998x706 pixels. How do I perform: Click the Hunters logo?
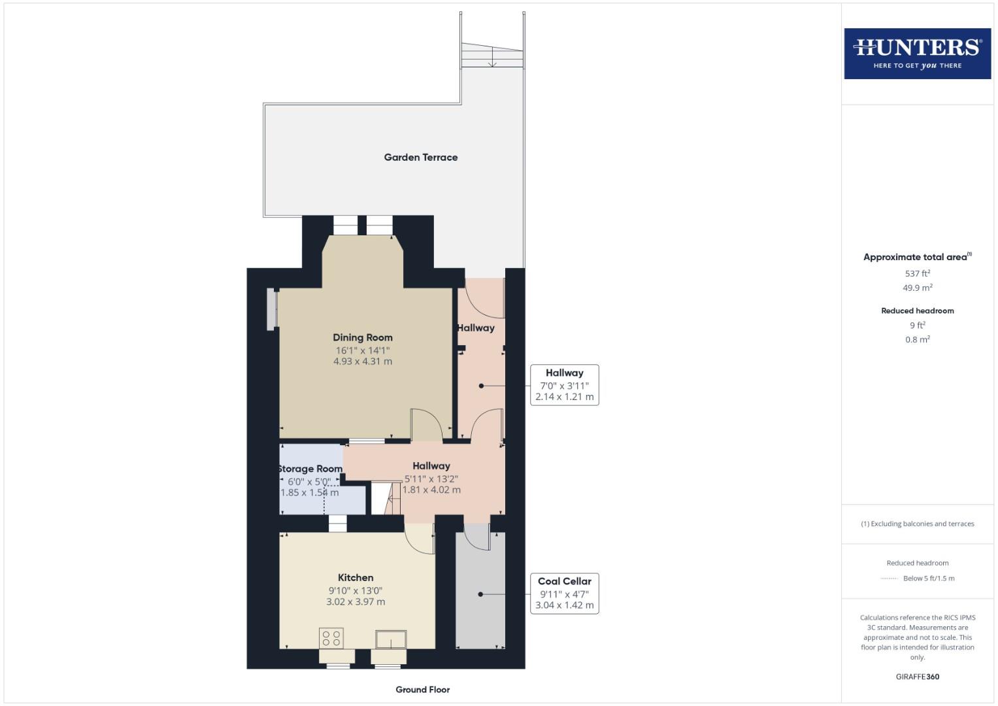917,53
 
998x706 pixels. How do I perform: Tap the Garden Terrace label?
420,157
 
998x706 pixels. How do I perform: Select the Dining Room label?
363,337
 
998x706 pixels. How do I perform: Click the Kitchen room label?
356,577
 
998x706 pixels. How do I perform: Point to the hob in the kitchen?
331,638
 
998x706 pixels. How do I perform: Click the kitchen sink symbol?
391,639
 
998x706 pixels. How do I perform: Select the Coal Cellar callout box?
564,593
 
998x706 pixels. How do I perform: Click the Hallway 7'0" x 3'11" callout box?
564,384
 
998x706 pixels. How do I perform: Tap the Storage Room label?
310,469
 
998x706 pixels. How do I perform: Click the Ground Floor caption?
422,689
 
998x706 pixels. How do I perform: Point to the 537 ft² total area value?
917,273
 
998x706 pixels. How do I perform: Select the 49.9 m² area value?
917,288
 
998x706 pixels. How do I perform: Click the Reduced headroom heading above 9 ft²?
917,311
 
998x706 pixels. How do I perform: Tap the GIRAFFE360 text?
917,677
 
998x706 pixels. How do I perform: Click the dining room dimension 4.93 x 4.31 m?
363,361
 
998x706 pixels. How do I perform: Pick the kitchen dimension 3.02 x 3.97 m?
356,601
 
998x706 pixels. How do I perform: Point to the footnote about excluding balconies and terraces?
917,524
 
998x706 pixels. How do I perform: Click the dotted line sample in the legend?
889,579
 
